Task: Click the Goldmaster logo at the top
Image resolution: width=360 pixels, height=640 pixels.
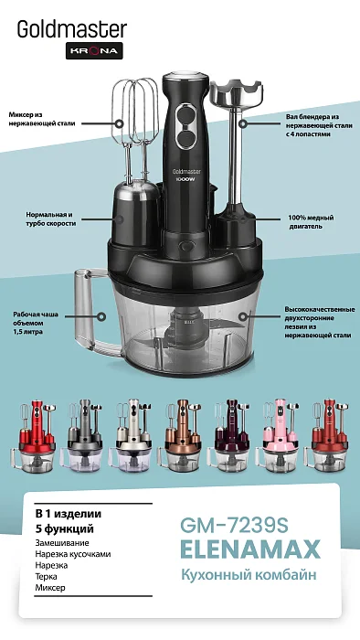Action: coord(72,30)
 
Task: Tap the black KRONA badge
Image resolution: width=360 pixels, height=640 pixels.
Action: coord(94,50)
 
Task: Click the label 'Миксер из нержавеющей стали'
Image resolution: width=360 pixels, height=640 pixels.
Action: coord(42,119)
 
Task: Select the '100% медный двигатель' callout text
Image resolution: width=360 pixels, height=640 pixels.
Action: coord(311,221)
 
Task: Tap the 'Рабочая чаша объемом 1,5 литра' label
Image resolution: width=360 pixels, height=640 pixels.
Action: coord(36,323)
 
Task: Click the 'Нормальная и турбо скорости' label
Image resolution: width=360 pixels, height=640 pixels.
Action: coord(51,219)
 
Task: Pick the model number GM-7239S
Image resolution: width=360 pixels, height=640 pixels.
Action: coord(234,526)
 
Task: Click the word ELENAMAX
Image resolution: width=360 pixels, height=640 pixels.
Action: coord(250,549)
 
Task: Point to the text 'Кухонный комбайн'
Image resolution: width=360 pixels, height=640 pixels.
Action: coord(249,575)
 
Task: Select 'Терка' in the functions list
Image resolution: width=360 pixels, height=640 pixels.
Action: coord(46,576)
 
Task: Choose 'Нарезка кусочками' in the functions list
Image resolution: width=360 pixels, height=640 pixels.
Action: coord(72,554)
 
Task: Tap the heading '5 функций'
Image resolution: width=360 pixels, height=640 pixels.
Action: coord(65,529)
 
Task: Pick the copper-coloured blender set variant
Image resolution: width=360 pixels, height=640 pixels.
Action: coord(182,435)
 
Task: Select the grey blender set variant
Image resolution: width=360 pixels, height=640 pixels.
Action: coord(85,435)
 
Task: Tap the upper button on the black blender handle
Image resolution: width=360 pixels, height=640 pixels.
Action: coord(186,112)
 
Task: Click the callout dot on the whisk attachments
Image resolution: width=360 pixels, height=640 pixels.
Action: coord(120,123)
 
